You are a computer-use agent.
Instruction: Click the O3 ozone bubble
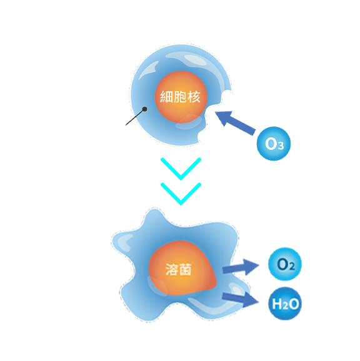(274, 143)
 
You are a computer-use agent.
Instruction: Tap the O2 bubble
(285, 264)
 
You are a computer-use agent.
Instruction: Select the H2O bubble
(285, 303)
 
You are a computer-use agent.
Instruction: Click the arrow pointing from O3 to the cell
(236, 122)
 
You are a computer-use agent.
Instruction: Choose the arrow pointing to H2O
(241, 300)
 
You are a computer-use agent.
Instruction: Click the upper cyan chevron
(181, 169)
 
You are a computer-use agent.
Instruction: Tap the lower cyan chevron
(181, 194)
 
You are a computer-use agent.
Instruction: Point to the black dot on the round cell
(145, 109)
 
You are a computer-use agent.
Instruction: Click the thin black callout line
(135, 118)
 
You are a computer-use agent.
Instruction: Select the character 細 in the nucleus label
(166, 96)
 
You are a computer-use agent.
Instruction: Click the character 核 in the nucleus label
(194, 96)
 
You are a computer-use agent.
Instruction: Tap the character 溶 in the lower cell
(172, 269)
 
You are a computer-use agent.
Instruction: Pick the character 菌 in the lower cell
(186, 269)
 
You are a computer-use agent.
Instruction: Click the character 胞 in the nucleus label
(180, 96)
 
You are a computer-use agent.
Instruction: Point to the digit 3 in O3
(281, 146)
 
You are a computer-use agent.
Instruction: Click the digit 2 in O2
(292, 267)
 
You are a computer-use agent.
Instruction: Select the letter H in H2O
(277, 303)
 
